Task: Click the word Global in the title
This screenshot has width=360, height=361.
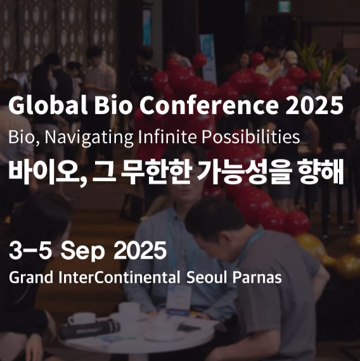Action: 48,105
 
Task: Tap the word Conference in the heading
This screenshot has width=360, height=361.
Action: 209,105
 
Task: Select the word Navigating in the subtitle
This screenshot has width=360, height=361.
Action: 89,137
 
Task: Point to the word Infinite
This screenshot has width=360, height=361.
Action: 167,137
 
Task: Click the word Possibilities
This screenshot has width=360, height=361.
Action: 251,137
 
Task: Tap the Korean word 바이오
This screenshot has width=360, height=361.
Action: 48,172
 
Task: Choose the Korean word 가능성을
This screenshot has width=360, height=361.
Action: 245,172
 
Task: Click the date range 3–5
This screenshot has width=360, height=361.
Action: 30,250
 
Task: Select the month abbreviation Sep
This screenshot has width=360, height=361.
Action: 83,251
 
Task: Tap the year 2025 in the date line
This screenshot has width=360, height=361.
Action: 140,250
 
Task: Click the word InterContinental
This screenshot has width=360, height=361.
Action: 119,277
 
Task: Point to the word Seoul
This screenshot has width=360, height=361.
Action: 207,277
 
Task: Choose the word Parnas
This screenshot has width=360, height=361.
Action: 257,277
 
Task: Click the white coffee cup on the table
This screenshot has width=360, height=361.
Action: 82,319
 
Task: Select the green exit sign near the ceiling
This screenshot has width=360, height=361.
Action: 284,6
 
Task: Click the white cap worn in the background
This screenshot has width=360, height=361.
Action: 291,57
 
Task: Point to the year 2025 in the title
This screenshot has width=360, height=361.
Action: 314,105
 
